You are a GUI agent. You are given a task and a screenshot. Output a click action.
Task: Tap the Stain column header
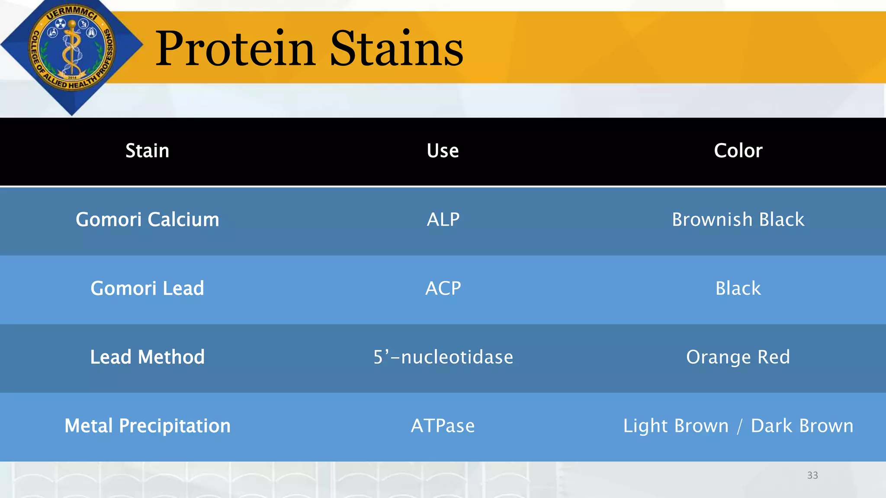(x=147, y=151)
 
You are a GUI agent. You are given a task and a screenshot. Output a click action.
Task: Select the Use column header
(x=443, y=151)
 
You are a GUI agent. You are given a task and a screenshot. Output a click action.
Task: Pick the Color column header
(x=738, y=151)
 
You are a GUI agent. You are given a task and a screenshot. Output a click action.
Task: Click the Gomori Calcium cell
(x=147, y=220)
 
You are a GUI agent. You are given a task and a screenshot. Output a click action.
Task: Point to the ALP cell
(x=443, y=220)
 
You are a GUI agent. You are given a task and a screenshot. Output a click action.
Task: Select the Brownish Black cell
(x=738, y=220)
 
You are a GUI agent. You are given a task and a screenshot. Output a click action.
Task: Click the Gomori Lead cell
(x=147, y=288)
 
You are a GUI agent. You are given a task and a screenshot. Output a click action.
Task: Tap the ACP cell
(x=443, y=288)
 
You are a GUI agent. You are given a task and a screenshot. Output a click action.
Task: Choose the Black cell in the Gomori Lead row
(x=738, y=288)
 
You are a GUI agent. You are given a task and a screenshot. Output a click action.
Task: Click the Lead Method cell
(x=147, y=357)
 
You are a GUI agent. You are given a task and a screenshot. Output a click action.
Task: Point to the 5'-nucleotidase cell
(x=443, y=357)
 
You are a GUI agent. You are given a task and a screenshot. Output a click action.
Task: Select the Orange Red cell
(x=738, y=357)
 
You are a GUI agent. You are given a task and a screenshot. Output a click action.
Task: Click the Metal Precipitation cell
(x=147, y=426)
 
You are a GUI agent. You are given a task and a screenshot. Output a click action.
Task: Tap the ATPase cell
(x=443, y=426)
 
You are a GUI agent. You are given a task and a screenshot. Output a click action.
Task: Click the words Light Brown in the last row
(x=676, y=426)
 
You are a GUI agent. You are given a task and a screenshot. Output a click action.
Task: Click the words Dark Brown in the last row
(x=802, y=426)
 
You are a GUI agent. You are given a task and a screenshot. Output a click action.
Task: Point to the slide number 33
(x=812, y=475)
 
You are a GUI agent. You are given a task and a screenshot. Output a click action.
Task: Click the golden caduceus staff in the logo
(x=71, y=50)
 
